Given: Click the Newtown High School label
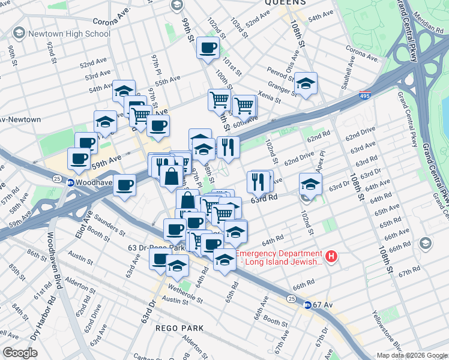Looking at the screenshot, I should point(68,34).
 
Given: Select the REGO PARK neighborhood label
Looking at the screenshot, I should point(179,328).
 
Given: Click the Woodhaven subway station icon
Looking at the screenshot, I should point(70,183).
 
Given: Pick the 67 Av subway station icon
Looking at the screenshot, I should point(307,305).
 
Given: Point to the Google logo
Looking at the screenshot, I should point(20,353).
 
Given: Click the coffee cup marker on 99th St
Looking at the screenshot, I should point(208,48).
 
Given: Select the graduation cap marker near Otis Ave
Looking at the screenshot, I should point(306,84).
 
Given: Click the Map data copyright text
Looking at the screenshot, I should point(412,355).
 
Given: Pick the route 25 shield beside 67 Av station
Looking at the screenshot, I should point(291,298).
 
